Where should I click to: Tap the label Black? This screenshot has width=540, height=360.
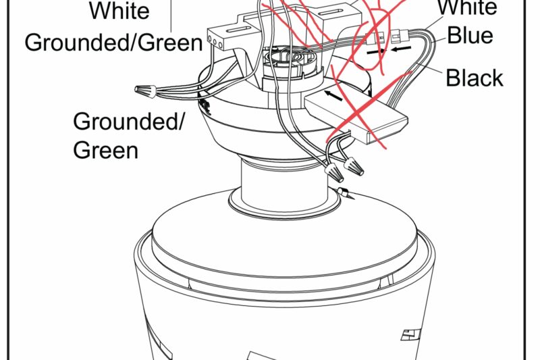(x=475, y=78)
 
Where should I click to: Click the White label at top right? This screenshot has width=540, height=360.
(x=468, y=8)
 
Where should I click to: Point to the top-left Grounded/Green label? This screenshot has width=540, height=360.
(x=113, y=43)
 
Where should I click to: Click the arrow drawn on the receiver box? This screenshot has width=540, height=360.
(x=332, y=97)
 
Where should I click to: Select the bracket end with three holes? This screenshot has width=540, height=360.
(x=217, y=40)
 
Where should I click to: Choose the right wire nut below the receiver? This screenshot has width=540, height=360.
(x=353, y=163)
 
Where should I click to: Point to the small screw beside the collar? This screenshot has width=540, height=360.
(x=343, y=196)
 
